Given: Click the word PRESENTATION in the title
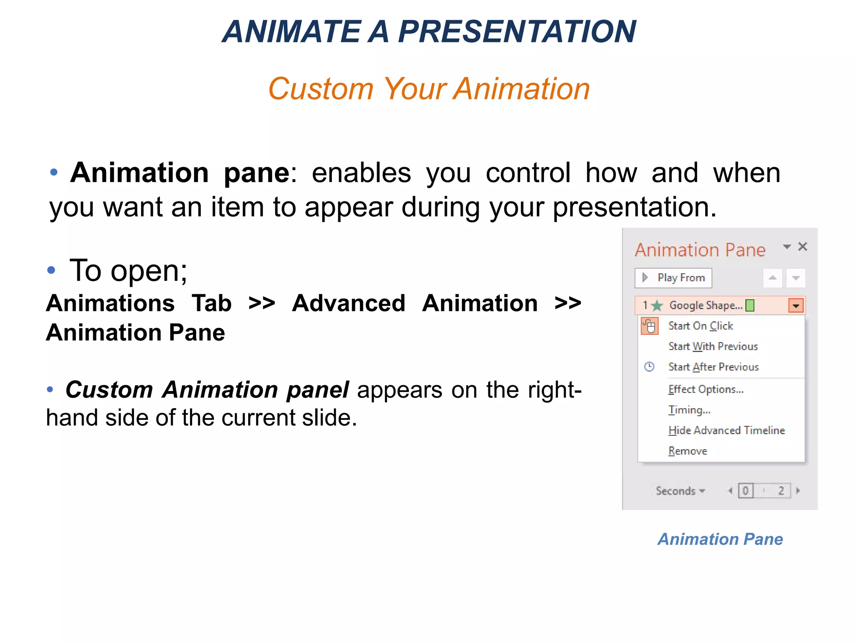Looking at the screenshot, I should click(516, 32).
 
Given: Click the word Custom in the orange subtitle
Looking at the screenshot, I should click(321, 89).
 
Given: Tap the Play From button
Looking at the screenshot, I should click(673, 278).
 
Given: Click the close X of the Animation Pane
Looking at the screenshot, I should click(802, 247).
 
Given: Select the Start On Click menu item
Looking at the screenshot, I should click(700, 326).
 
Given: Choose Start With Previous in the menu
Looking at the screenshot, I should click(713, 346).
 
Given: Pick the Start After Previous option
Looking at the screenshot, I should click(713, 367).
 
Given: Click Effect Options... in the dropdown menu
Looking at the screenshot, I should click(706, 389).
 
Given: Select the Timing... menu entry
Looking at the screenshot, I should click(689, 410).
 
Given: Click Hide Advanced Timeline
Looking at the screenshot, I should click(726, 430).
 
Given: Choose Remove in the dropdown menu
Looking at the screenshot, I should click(688, 451).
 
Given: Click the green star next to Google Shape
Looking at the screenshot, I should click(657, 306).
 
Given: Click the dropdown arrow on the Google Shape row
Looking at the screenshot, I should click(795, 306).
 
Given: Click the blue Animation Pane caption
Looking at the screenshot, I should click(720, 539).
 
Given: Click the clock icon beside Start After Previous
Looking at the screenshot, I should click(649, 367).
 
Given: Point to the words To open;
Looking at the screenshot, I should click(128, 270).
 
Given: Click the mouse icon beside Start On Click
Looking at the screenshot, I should click(649, 326).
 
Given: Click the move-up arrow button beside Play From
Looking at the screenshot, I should click(772, 278).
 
